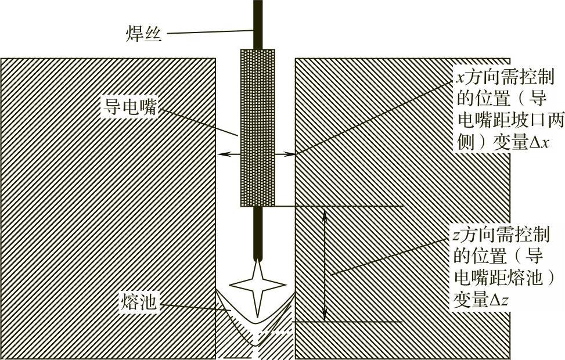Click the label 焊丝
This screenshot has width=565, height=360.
coord(144,32)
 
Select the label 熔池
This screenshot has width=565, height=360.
coord(140,301)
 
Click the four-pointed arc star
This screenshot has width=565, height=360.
coord(257,285)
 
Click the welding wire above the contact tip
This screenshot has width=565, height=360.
coord(258,23)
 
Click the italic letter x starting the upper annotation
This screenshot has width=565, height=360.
coord(457,76)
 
